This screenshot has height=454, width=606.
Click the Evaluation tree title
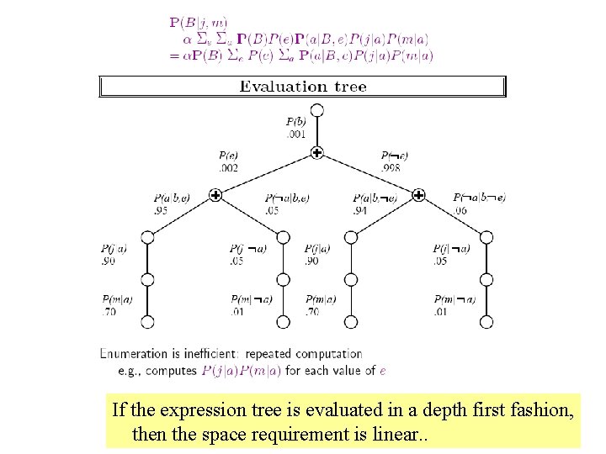[303, 86]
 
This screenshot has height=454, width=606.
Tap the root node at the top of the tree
[316, 110]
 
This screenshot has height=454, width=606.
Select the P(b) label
[295, 123]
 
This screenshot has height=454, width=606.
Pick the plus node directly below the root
[316, 152]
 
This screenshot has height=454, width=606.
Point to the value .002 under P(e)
[229, 167]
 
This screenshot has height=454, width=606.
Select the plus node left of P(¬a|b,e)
[215, 195]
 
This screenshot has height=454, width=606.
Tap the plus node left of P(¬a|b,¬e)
[418, 195]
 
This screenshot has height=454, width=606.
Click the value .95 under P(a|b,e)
[161, 209]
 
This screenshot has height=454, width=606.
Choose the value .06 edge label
[460, 209]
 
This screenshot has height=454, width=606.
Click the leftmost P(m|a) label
[117, 299]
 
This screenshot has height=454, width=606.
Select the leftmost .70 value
[109, 311]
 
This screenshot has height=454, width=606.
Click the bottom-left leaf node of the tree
[147, 321]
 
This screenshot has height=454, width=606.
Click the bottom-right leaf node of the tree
[486, 321]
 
